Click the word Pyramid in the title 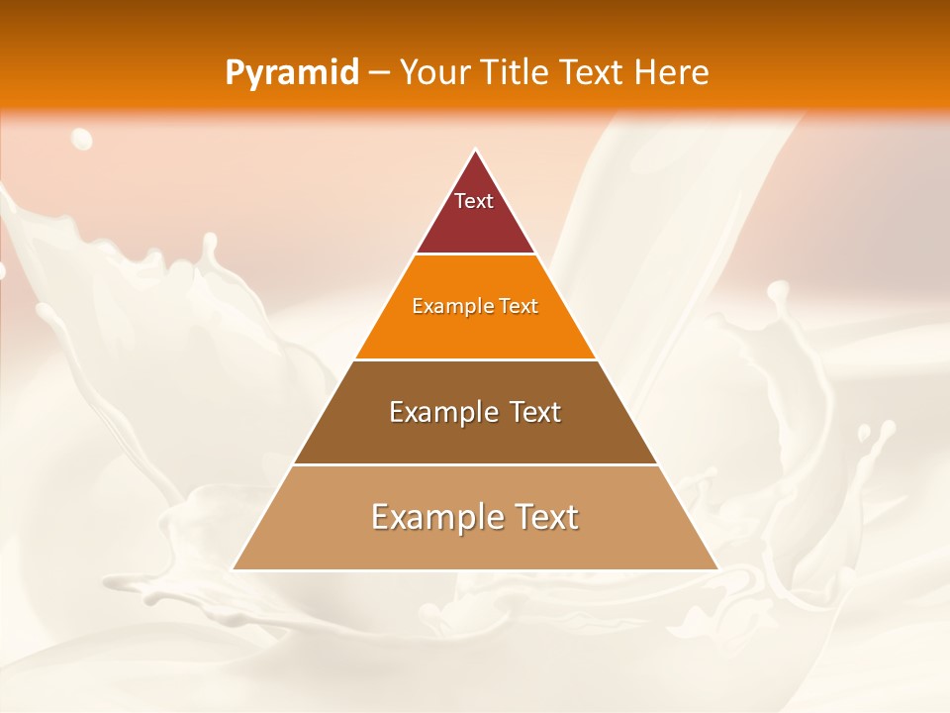click(x=291, y=73)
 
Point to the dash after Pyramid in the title click(x=378, y=73)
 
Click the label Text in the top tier click(x=474, y=201)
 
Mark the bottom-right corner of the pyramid click(x=716, y=568)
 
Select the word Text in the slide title click(x=595, y=72)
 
